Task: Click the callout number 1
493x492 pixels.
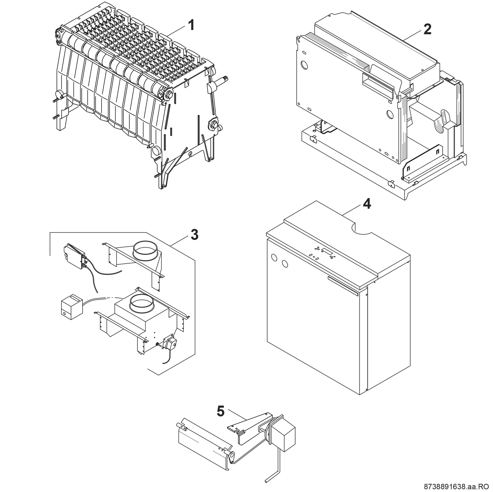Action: [x=191, y=25]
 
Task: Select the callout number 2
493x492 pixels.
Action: [x=427, y=29]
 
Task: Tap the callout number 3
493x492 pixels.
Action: [x=194, y=235]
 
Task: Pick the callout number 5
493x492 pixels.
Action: [x=221, y=411]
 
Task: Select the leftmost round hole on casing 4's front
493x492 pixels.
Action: [x=274, y=258]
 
